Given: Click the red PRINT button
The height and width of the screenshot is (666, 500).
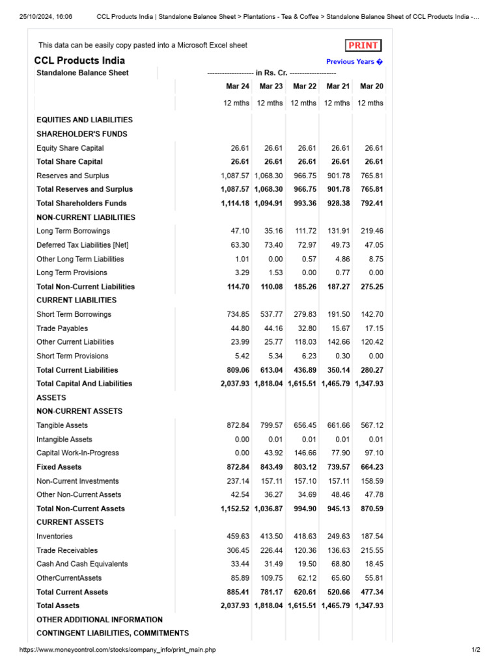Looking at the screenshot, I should click(x=363, y=46).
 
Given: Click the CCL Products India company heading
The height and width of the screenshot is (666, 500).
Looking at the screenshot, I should click(x=79, y=60).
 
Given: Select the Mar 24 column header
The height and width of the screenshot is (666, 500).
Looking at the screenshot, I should click(x=238, y=87).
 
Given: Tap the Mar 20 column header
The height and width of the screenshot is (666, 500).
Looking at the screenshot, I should click(x=371, y=87).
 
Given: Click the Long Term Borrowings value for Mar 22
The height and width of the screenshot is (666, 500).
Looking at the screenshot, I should click(x=305, y=231).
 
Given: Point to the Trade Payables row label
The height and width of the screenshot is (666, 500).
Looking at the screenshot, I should click(x=62, y=328).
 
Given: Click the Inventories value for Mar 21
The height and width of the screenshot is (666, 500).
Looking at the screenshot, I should click(x=338, y=537).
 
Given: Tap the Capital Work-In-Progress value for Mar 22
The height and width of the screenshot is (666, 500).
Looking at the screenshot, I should click(x=305, y=453).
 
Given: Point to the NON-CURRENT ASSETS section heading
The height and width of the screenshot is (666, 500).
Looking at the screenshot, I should click(x=79, y=411).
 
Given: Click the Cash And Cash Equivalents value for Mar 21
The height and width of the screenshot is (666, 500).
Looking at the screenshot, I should click(x=338, y=564).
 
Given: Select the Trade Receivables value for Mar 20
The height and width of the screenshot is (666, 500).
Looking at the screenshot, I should click(x=371, y=550).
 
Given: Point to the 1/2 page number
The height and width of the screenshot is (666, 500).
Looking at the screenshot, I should click(x=475, y=650).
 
